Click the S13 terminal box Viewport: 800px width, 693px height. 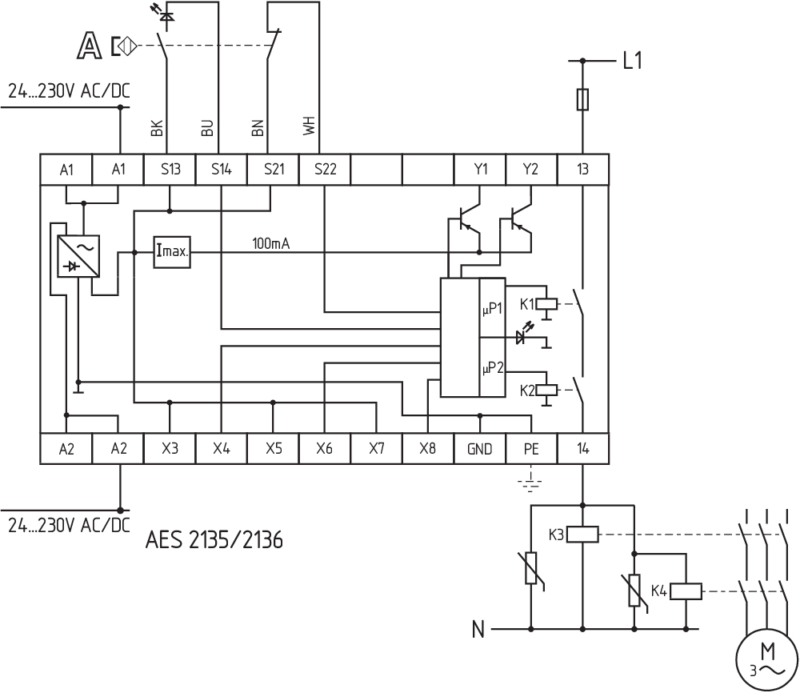tap(170, 169)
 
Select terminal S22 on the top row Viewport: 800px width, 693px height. tap(325, 169)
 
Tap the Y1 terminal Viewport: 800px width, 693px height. tap(480, 169)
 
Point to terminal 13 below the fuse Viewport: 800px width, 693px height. tap(582, 169)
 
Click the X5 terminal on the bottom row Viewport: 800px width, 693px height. tap(273, 449)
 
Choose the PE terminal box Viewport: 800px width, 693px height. tap(531, 449)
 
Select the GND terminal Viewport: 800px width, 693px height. tap(479, 449)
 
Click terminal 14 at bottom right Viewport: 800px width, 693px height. tap(582, 449)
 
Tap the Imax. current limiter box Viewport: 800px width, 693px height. tap(173, 252)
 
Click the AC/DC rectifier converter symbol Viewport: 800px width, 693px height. tap(78, 256)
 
